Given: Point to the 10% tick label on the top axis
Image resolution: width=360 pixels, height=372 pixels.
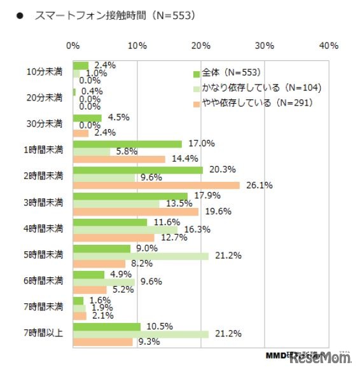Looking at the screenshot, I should click(x=137, y=46).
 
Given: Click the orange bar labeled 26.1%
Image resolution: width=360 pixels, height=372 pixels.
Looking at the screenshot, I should click(x=156, y=186).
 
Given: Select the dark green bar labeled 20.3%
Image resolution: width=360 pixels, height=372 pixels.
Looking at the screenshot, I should click(x=138, y=170).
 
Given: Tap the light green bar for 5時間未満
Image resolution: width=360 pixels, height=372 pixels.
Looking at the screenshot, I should click(x=141, y=256).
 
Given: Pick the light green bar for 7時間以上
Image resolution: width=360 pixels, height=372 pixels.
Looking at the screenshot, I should click(x=141, y=334).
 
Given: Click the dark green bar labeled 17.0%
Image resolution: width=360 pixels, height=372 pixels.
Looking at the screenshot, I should click(x=127, y=144).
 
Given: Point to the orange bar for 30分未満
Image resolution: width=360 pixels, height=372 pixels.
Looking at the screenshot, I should click(x=81, y=133).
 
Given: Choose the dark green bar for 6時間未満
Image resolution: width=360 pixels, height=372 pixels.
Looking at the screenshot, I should click(x=88, y=275).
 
